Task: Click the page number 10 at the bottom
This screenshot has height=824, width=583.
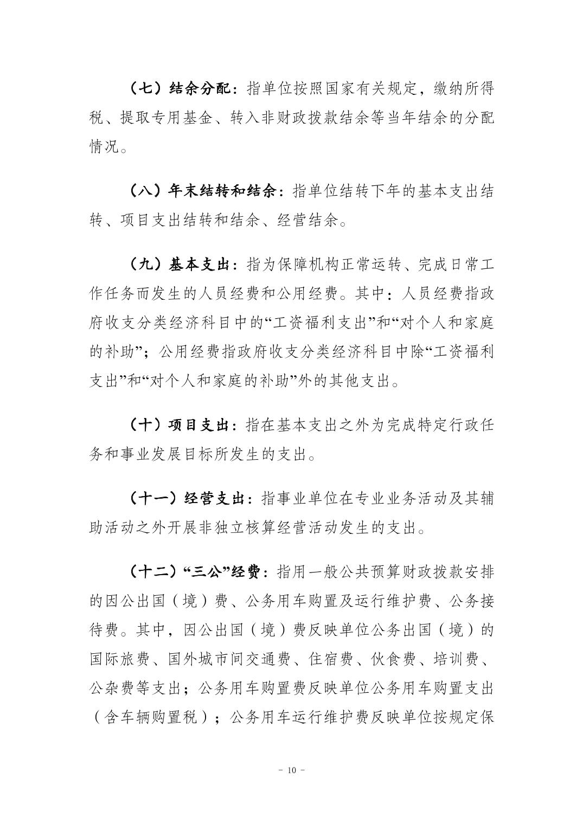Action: tap(291, 770)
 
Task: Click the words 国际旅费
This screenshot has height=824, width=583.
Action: tap(119, 659)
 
